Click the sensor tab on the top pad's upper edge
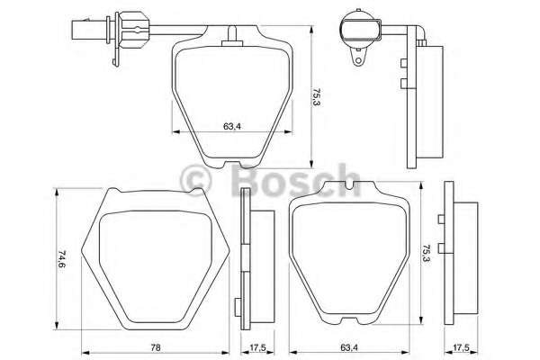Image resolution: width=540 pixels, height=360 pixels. point(233,35)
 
